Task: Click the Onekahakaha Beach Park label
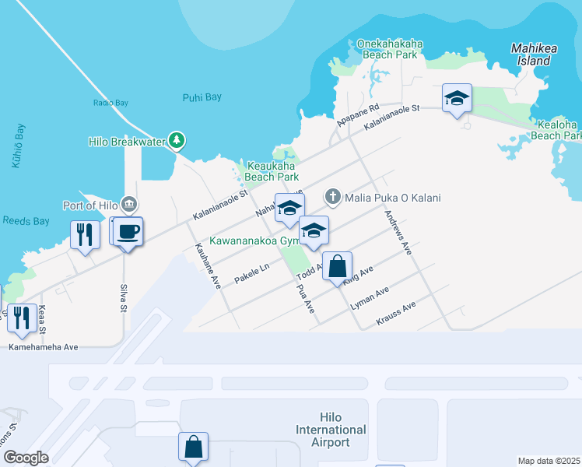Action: click(389, 50)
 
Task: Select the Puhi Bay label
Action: click(202, 97)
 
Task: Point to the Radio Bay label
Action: click(110, 103)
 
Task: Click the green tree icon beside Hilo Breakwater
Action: click(178, 140)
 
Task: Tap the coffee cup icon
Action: click(128, 231)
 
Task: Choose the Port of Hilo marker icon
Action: click(129, 205)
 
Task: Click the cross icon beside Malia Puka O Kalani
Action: click(333, 197)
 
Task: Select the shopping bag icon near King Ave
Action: click(337, 267)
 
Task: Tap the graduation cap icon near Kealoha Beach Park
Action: click(457, 98)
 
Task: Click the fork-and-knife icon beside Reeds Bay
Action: click(86, 234)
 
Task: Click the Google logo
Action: click(26, 457)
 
